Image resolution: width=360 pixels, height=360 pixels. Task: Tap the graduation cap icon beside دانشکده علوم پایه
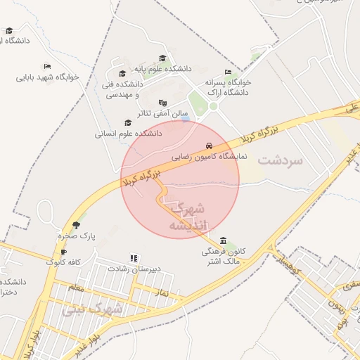pos(162,59)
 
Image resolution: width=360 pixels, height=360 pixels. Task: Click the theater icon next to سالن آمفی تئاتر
pos(163,103)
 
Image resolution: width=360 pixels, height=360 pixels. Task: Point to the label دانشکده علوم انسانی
pos(128,132)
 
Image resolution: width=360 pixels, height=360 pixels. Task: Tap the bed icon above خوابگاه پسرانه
pos(227,72)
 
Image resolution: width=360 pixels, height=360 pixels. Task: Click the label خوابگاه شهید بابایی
pos(48,77)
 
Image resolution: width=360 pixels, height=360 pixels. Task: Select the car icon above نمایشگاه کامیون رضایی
pos(208,146)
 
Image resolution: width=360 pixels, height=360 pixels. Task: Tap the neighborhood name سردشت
pos(280,160)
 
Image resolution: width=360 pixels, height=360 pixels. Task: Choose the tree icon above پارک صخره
pos(77,225)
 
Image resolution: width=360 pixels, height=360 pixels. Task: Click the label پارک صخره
pos(77,236)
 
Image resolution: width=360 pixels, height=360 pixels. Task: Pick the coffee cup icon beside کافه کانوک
pos(63,252)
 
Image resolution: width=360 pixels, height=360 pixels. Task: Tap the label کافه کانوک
pos(64,262)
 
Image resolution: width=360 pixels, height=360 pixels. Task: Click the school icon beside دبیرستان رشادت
pos(134,258)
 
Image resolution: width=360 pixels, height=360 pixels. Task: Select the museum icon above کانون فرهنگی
pos(224,240)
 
